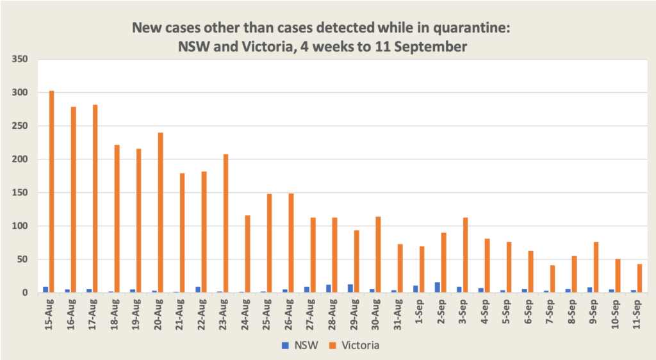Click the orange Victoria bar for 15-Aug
pos(52,192)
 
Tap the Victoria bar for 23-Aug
pos(225,224)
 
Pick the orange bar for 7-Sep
pos(552,279)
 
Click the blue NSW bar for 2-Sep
pos(438,288)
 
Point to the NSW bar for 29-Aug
pos(350,288)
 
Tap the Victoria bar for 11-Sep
pos(639,279)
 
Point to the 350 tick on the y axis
pos(21,60)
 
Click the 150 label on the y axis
pos(21,193)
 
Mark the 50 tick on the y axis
pos(24,259)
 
